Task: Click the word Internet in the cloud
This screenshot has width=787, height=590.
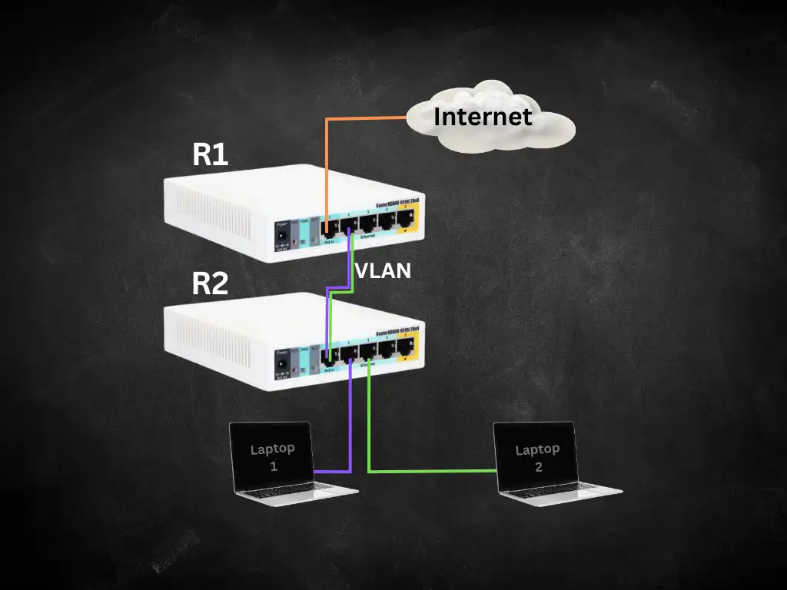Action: [483, 117]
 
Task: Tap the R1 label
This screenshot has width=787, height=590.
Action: [210, 154]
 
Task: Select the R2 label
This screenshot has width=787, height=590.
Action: [210, 283]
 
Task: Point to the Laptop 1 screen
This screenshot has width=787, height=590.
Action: [272, 456]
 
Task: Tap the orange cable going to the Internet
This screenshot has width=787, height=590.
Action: [361, 118]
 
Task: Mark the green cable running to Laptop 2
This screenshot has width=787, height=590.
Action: [430, 470]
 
